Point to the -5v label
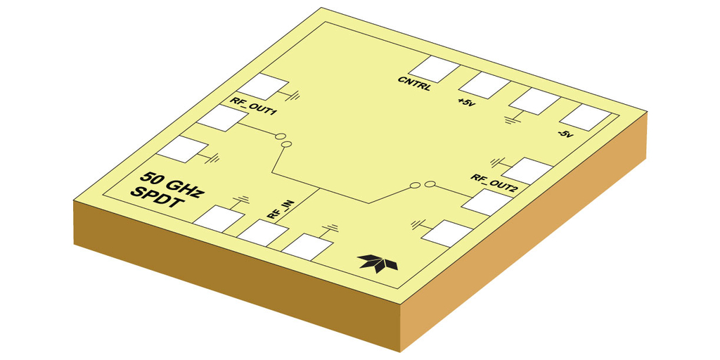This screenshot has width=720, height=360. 566,134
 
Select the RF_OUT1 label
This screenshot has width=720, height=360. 253,106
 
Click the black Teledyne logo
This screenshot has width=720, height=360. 378,262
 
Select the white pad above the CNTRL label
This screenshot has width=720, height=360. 434,70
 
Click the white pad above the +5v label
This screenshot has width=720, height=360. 484,85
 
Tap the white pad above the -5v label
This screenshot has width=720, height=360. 586,117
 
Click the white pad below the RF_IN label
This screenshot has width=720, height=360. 263,233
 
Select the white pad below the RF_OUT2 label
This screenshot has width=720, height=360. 487,202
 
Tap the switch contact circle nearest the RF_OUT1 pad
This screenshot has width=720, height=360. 280,136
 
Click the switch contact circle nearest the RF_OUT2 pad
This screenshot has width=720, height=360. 430,185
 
